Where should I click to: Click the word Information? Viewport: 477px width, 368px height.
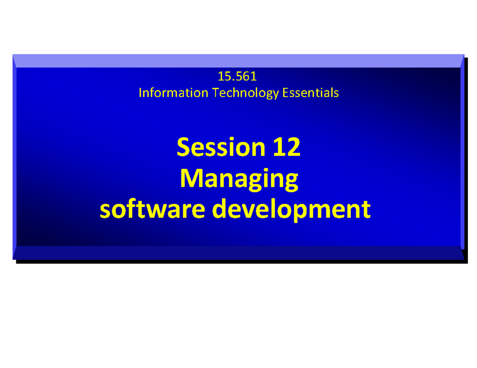(173, 93)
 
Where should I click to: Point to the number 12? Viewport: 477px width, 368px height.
(286, 148)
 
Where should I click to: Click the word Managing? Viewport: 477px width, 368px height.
(238, 179)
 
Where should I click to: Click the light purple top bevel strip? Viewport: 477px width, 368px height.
(238, 61)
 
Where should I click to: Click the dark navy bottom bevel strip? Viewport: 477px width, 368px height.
(238, 252)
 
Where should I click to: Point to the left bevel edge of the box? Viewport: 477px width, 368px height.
(14, 157)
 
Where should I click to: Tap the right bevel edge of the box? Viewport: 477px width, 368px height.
(462, 157)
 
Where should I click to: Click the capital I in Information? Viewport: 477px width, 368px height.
(140, 93)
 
